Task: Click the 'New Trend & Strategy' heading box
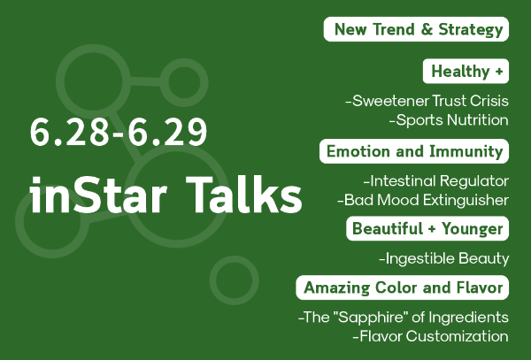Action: [x=416, y=29]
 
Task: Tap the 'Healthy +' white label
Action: [x=466, y=71]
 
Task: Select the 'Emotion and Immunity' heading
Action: [x=414, y=151]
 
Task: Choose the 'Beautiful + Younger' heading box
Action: [x=427, y=229]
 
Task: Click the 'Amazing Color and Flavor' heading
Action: [x=403, y=287]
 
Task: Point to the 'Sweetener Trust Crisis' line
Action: [x=427, y=101]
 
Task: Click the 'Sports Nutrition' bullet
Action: [x=449, y=120]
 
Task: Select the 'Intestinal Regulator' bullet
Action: [x=436, y=181]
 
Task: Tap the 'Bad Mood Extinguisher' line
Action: [x=423, y=200]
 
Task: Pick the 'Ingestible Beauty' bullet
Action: [x=444, y=258]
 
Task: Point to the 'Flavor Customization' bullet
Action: [x=430, y=336]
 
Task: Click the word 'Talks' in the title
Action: [x=244, y=195]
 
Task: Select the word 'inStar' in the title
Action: [x=98, y=195]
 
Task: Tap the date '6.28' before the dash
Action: [x=69, y=132]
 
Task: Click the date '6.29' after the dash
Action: [x=167, y=132]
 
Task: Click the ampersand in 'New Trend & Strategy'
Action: [x=427, y=29]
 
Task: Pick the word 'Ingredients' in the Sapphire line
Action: [x=469, y=318]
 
